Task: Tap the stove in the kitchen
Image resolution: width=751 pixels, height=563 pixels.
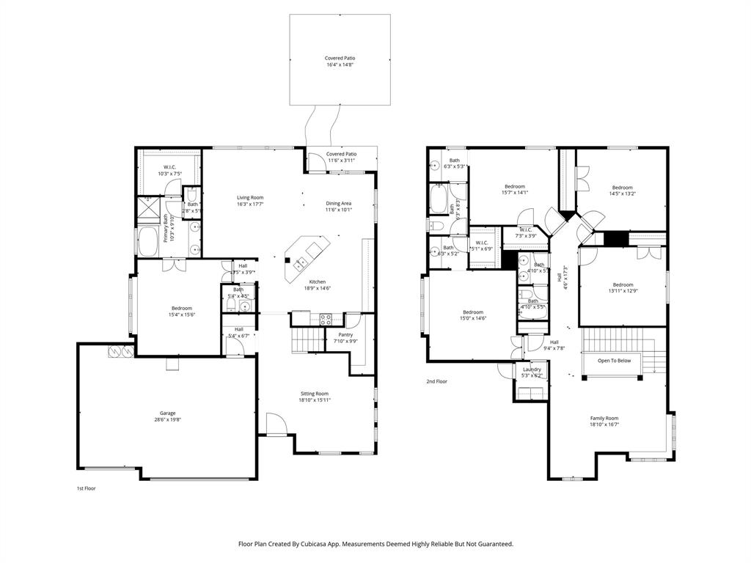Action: coord(326,319)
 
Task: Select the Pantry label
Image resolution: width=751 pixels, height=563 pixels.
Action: coord(345,334)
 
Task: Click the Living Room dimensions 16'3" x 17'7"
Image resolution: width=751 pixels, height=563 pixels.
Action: coord(250,205)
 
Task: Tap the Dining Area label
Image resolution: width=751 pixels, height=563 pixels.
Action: coord(339,203)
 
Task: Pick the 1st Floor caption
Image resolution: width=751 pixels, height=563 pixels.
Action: coord(87,488)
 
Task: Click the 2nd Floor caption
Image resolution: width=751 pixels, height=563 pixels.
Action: coord(436,381)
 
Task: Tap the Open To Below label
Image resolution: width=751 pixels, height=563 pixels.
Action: coord(614,361)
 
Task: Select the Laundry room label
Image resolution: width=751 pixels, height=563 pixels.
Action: coord(532,369)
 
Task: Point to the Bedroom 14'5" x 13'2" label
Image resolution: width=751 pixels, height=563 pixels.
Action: coord(623,188)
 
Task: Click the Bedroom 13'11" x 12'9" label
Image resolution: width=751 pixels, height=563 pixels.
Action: coord(623,285)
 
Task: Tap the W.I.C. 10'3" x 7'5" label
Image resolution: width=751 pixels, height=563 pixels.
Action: coord(169,167)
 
